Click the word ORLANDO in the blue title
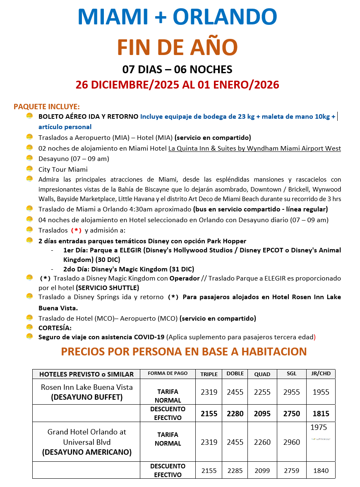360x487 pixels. (x=225, y=17)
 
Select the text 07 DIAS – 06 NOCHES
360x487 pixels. (x=177, y=69)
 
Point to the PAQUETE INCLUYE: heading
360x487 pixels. (x=47, y=107)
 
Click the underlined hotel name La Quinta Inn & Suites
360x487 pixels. (x=254, y=148)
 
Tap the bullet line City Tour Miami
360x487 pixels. (x=63, y=169)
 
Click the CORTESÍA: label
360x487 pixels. (x=55, y=328)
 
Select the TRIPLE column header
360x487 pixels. (x=209, y=374)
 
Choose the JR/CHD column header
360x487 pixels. (x=321, y=374)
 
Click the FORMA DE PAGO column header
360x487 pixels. (x=168, y=373)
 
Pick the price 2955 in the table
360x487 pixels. (x=292, y=392)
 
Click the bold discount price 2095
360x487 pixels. (x=262, y=413)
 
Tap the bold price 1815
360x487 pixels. (x=321, y=413)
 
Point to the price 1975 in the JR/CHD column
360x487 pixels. (x=319, y=427)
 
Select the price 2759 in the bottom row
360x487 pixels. (x=292, y=470)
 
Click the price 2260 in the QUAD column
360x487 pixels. (x=262, y=442)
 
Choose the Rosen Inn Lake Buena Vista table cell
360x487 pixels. (x=86, y=387)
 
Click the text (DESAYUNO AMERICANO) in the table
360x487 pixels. (x=86, y=452)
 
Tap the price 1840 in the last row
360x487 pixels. (x=321, y=470)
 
